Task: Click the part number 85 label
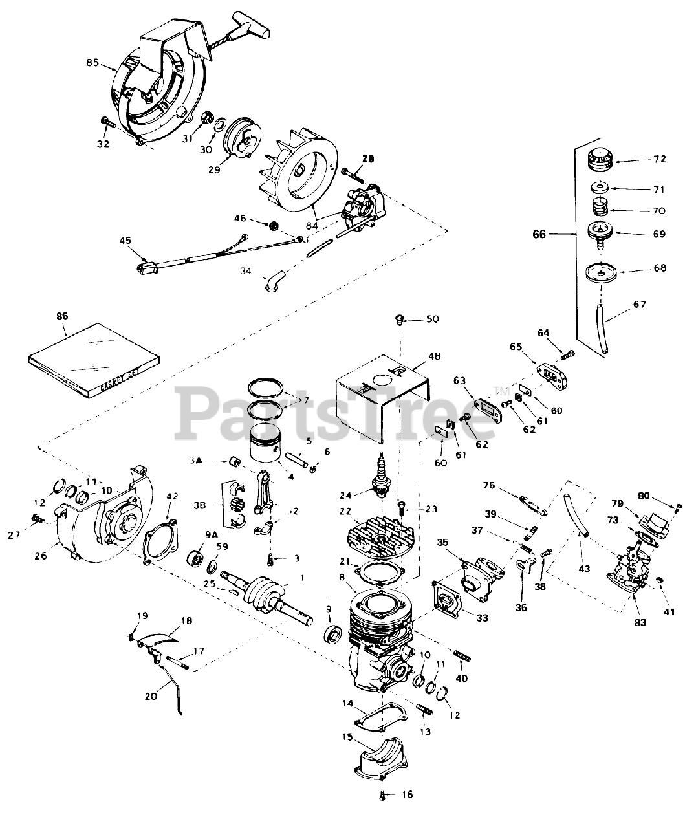92,63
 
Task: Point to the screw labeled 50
399,318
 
